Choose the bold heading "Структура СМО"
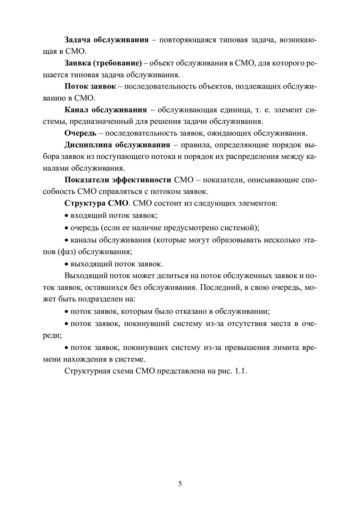96,204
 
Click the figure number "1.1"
241,371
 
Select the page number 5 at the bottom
180,484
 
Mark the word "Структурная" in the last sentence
87,371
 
